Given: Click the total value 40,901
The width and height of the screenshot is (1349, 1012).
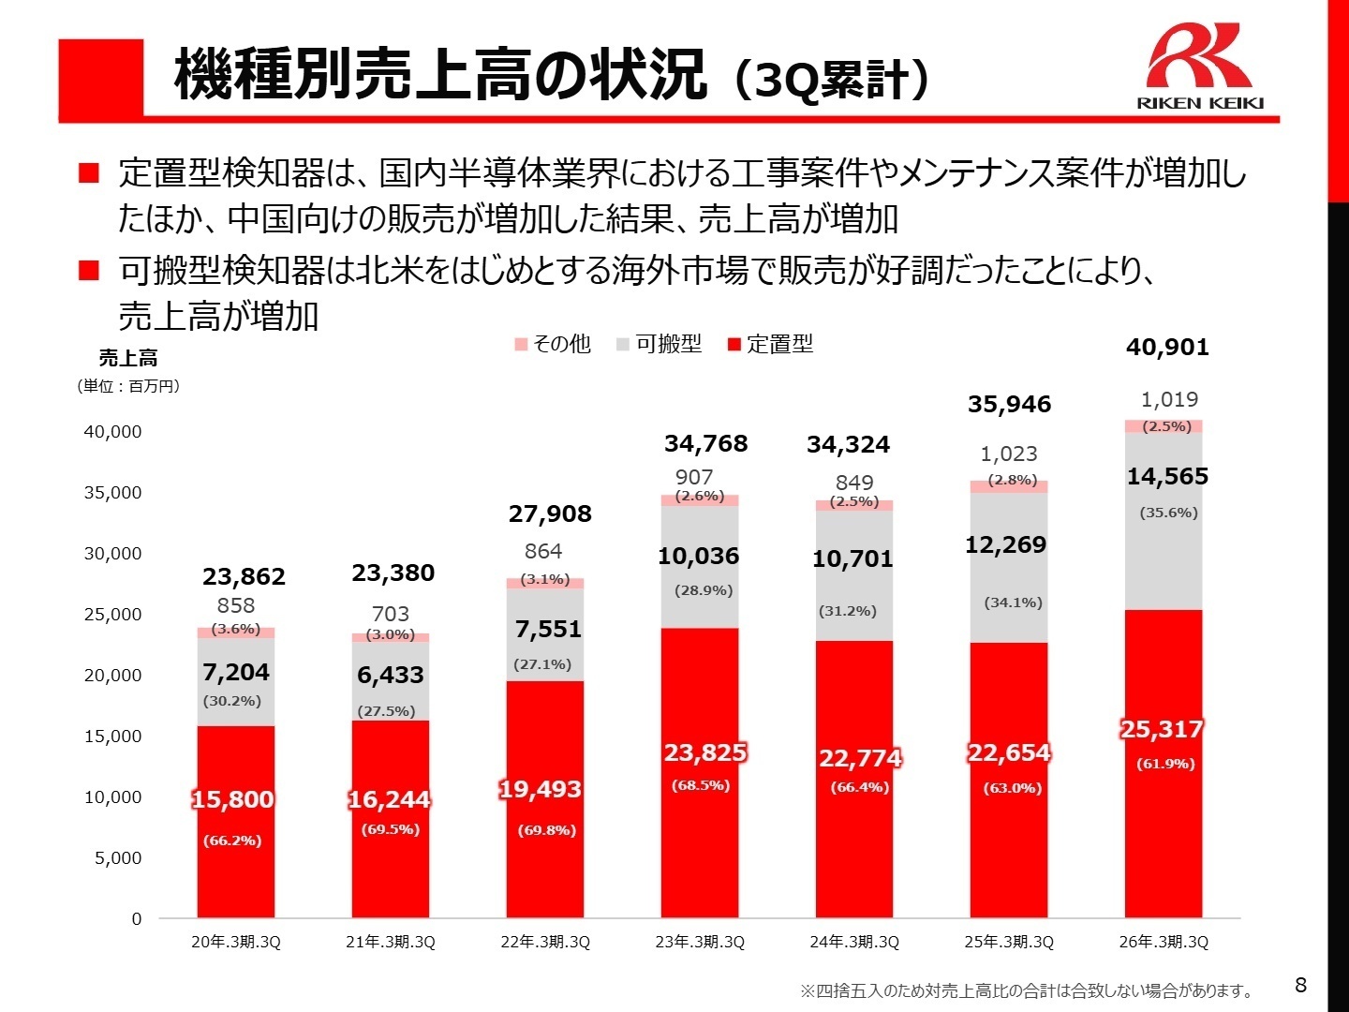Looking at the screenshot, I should coord(1167,348).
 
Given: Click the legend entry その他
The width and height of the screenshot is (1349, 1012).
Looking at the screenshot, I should coord(553,344).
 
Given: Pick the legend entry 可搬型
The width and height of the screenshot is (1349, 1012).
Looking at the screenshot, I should coord(659,344).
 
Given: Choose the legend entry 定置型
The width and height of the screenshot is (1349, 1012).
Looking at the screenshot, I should coord(770,344).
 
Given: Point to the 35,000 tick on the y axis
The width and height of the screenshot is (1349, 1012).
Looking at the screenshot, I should coord(112,493).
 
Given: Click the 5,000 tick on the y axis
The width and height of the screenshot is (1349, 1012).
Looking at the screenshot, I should coord(117,858).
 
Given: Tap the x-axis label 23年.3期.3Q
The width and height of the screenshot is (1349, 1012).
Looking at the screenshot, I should coord(700,942).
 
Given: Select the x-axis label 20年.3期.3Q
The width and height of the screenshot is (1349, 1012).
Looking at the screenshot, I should coord(236,942).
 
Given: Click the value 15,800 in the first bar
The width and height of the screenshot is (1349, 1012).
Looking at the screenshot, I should coord(232,799).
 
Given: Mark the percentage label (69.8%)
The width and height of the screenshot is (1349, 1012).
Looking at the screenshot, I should coord(546,830).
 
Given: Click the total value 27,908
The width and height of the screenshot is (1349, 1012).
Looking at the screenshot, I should coord(550,513).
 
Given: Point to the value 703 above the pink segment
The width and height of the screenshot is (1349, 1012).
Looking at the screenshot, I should coord(390,614).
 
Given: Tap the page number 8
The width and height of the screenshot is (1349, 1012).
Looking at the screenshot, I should coord(1300,985).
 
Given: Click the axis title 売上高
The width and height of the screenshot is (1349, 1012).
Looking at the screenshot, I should coord(128,358).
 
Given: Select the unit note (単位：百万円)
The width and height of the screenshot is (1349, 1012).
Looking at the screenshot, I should coord(128,386).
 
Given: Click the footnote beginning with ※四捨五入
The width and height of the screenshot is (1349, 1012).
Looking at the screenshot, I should coord(1026,990).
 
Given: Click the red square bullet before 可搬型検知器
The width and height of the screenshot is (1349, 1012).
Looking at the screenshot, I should coord(89,271).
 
